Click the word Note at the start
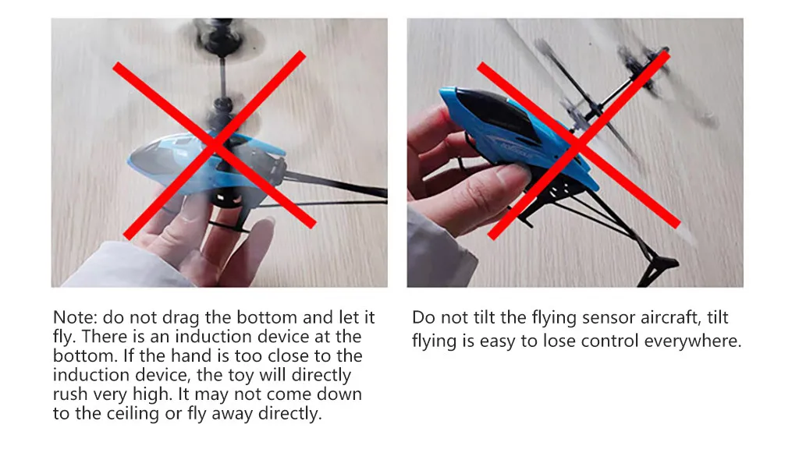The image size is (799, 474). click(74, 317)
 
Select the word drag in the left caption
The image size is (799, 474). click(181, 318)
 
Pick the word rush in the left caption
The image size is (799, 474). click(70, 394)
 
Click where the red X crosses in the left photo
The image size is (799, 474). click(215, 144)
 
